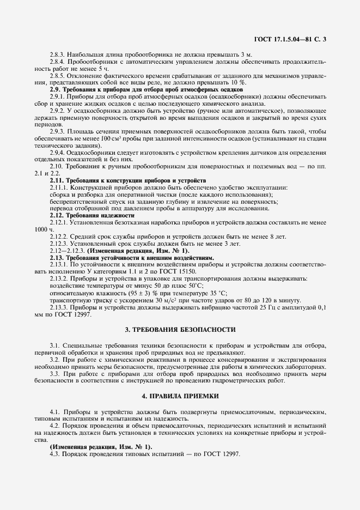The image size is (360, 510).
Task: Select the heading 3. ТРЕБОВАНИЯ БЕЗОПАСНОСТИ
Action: pyautogui.click(x=180, y=330)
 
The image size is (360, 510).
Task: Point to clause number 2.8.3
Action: pyautogui.click(x=57, y=56)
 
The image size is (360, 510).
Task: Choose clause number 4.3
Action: pyautogui.click(x=57, y=454)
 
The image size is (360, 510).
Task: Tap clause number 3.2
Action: pyautogui.click(x=57, y=361)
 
